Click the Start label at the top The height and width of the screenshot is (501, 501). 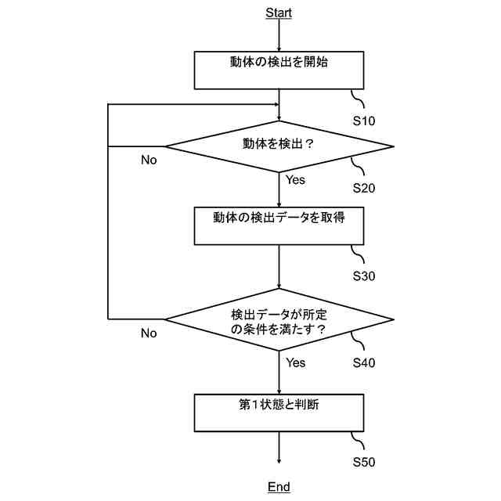[x=279, y=13]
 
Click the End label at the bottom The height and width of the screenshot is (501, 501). [x=279, y=487]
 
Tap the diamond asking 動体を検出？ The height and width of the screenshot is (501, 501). [x=279, y=146]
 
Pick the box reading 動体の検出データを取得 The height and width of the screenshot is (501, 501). [x=279, y=225]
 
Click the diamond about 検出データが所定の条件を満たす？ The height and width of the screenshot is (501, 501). [x=279, y=319]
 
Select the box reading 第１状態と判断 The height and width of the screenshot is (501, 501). [x=279, y=412]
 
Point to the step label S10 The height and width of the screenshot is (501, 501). [x=364, y=121]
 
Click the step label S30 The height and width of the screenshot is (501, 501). [x=364, y=276]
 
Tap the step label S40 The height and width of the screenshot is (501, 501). [x=364, y=362]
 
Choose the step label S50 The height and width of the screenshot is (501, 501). [x=364, y=462]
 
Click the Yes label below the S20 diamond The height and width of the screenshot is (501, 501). [x=295, y=180]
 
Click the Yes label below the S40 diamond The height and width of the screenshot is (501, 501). [x=295, y=362]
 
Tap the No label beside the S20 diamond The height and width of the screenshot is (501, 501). [x=149, y=160]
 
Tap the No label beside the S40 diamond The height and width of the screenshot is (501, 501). [x=149, y=333]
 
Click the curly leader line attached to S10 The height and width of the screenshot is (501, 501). [x=359, y=99]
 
